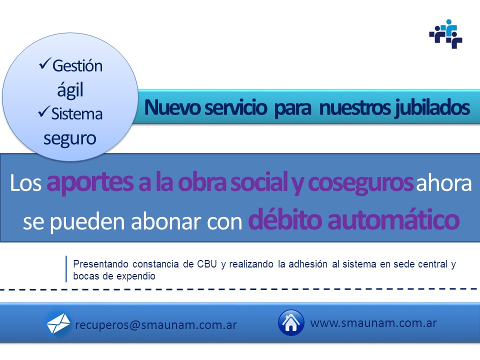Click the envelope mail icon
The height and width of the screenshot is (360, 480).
coord(58,323)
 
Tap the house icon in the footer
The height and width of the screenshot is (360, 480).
coord(291,322)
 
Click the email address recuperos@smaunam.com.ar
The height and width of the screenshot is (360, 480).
coord(156,325)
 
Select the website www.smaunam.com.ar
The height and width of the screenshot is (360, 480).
coord(373,323)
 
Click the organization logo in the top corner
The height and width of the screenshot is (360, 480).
coord(445,34)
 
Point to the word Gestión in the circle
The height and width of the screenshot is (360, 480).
coord(77,66)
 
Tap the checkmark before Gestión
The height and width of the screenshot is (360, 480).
coord(44,63)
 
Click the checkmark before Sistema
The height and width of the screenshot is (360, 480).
coord(44,111)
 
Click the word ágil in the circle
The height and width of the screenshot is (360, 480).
coord(70,90)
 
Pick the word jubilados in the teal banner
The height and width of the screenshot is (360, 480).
coord(432,108)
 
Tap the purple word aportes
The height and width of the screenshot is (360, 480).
coord(90,183)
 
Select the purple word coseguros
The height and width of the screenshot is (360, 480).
coord(360,183)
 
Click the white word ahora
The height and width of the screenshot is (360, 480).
coord(443,183)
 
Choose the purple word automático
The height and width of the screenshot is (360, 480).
coord(393,219)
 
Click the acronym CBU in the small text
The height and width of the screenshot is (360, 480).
coord(207,264)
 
